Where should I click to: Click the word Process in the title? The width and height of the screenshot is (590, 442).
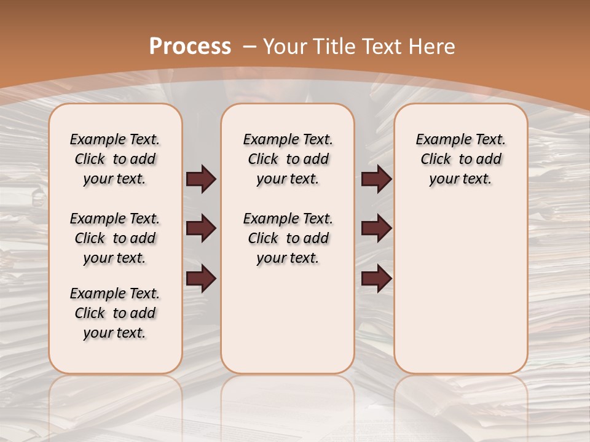190,46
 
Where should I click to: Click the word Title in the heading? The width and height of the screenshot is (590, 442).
334,46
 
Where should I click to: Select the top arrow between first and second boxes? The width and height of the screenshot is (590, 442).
201,179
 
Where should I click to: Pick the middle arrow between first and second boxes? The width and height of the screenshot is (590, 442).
201,229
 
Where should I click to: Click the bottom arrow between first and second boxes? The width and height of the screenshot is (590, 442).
201,279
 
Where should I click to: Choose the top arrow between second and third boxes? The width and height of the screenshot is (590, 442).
377,179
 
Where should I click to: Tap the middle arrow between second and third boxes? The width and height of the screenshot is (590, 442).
377,229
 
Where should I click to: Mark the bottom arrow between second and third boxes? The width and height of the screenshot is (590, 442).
377,279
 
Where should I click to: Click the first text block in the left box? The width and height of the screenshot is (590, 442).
115,159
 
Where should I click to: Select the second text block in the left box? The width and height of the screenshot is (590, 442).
115,238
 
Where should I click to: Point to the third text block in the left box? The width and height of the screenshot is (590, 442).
115,313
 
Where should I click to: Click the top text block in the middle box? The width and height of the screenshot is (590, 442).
288,159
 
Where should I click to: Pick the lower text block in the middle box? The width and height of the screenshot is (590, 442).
288,238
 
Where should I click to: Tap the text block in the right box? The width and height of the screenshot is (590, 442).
460,159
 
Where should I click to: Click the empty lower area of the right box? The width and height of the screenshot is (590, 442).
460,289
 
